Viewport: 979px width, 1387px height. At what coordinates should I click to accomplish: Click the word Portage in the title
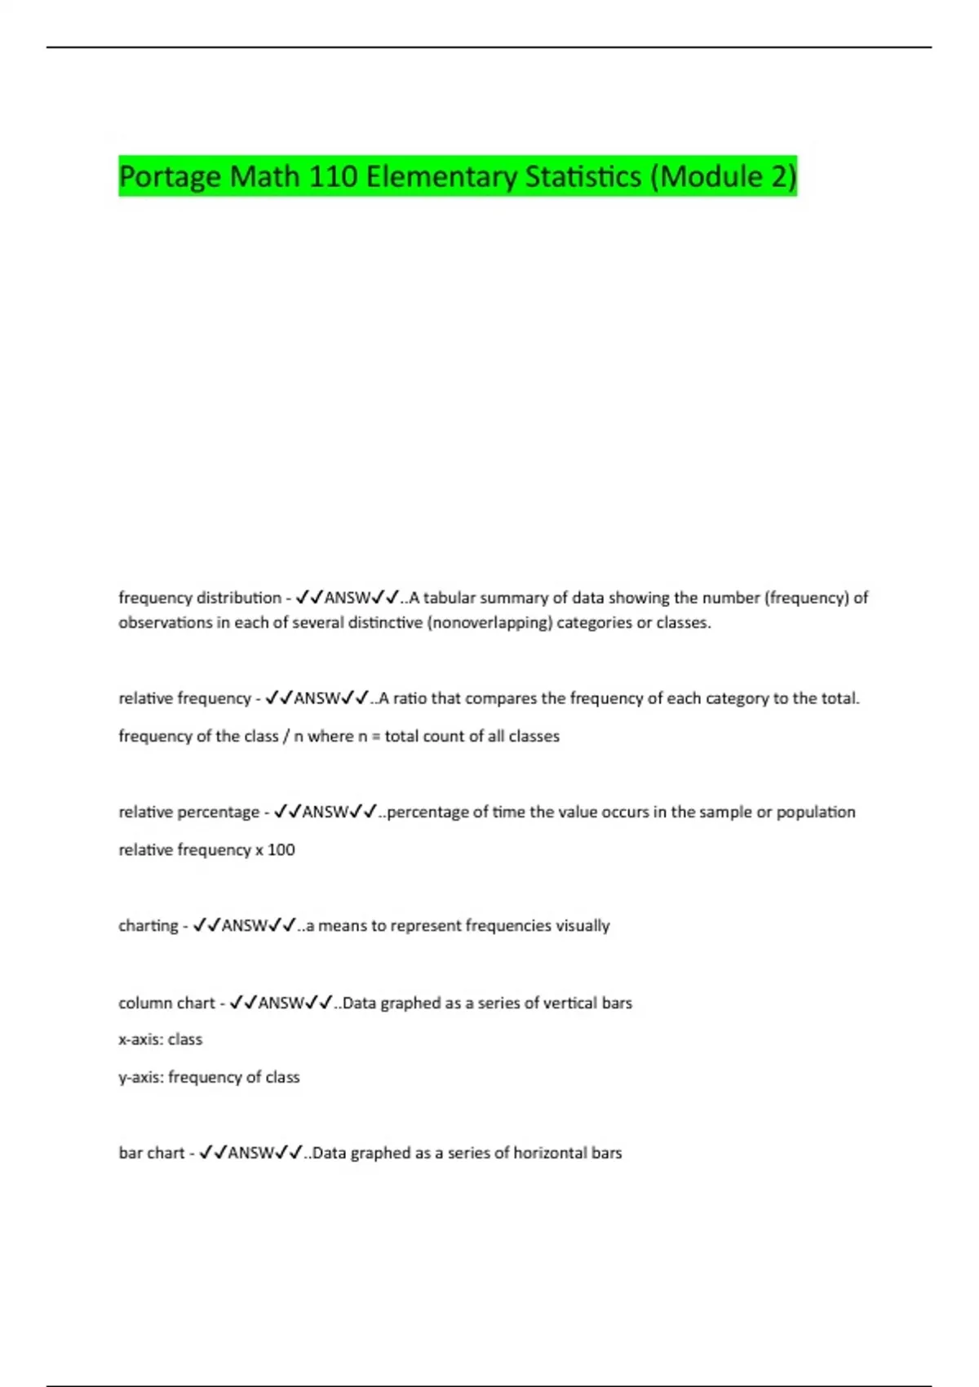(x=170, y=176)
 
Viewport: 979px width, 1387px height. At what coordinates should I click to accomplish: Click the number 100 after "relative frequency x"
(x=281, y=849)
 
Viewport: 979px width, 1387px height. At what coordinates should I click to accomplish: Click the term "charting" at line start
(x=148, y=926)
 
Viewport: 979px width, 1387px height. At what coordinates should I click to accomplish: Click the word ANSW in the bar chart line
(x=250, y=1153)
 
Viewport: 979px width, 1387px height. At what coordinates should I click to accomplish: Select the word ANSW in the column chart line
(x=281, y=1003)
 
